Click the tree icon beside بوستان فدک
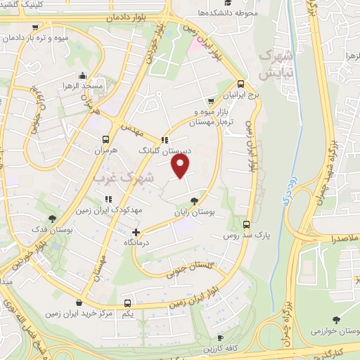(53, 219)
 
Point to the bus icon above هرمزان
(105, 139)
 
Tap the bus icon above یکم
(127, 304)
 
